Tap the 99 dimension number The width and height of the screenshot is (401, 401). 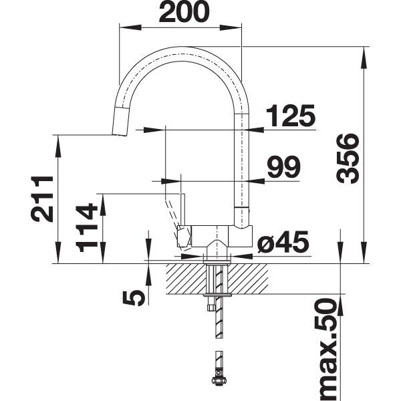point(283,168)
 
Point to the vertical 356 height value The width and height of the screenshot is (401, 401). point(348,158)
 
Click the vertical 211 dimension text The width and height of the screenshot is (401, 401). point(41,198)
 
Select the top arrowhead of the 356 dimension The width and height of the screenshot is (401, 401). point(364,53)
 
